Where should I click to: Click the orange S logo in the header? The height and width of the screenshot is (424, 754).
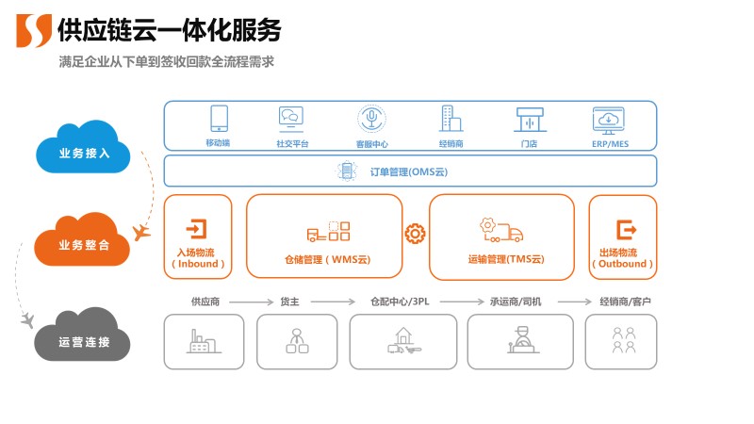click(x=34, y=30)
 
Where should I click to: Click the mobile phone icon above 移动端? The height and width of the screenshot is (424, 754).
click(x=219, y=118)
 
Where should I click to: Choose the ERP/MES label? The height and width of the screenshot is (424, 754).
click(x=610, y=144)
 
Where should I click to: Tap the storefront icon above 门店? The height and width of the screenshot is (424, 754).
click(x=529, y=119)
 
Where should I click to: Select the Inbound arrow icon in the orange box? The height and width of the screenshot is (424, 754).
click(x=198, y=229)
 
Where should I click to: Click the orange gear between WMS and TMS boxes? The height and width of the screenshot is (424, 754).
click(x=415, y=234)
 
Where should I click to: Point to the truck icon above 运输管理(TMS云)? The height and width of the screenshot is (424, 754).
click(x=501, y=229)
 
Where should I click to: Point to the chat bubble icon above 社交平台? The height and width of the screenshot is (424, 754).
click(x=290, y=118)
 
